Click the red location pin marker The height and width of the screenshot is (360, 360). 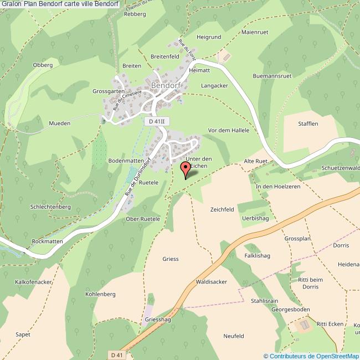pos(186,169)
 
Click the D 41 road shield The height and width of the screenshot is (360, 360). pos(116,354)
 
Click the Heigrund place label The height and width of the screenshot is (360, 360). pos(209,37)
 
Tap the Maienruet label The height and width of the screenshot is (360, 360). pos(255,33)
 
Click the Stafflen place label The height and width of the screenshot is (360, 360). pos(308,124)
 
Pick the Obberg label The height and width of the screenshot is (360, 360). pos(43,65)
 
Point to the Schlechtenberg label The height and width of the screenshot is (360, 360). pos(52,206)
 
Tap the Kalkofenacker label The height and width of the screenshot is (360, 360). pos(34,282)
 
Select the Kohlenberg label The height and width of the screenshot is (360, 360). pos(100,294)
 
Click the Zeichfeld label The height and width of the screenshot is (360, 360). pos(222,209)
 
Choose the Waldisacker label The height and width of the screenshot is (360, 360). pos(212,282)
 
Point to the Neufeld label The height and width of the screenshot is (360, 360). pos(234,336)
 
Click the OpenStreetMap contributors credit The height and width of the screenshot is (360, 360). pos(311,356)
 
